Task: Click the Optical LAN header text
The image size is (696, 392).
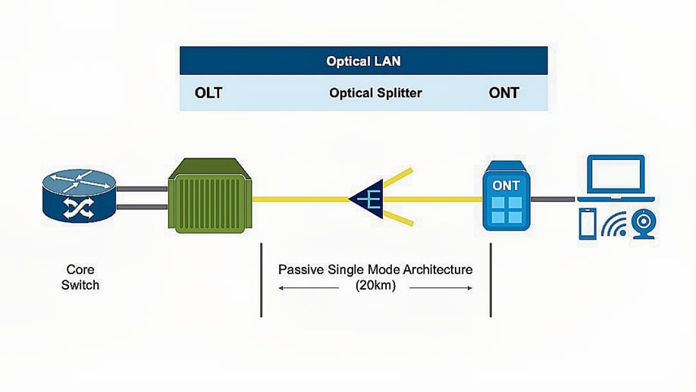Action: [363, 61]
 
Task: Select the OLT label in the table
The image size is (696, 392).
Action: [208, 93]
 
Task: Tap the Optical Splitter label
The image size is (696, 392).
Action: [375, 93]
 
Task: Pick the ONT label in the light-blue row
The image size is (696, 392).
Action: [504, 93]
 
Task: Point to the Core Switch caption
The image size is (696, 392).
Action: [80, 277]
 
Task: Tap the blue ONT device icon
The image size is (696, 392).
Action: [506, 196]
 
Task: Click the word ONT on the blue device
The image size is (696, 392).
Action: [506, 185]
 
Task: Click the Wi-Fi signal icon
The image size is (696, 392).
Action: [614, 225]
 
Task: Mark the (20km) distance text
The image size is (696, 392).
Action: [375, 287]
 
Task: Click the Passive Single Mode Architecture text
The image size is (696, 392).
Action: [375, 269]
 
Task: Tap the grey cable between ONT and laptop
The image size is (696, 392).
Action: [552, 199]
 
